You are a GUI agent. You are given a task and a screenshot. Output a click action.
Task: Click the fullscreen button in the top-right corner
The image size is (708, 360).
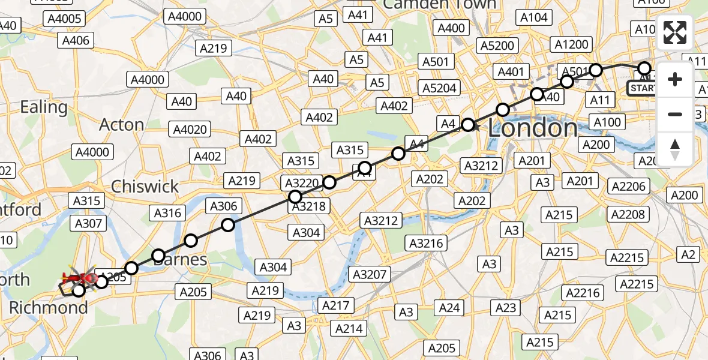coord(675,32)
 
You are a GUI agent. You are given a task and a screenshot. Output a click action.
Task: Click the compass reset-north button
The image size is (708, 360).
coord(675,149)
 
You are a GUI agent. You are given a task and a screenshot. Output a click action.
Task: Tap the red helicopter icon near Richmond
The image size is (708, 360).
coord(81,278)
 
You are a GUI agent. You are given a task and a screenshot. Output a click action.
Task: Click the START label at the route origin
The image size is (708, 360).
coord(643,89)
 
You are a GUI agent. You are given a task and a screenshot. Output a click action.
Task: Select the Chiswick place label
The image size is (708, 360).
coord(145,186)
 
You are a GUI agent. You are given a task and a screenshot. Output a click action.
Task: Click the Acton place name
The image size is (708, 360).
coord(121,125)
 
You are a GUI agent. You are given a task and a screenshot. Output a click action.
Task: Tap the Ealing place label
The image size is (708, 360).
coord(43,107)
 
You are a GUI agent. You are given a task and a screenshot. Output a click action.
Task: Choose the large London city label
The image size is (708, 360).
coord(533,128)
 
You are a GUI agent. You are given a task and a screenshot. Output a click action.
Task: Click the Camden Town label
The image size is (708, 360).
coord(440,5)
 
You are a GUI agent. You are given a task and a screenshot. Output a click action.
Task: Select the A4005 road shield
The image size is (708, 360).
coord(64,19)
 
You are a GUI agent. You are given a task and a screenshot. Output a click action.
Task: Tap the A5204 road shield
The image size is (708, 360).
coord(440,88)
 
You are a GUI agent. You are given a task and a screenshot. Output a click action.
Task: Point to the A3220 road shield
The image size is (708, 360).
coord(302,182)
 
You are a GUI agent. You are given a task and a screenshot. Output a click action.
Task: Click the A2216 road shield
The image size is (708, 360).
coord(583,292)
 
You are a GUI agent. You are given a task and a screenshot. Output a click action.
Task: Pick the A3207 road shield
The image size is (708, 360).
coord(371,275)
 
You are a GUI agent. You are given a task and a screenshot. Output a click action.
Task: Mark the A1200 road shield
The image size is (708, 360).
coord(572,44)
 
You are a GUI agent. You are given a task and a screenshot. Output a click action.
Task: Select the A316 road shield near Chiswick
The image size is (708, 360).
coord(168,212)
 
